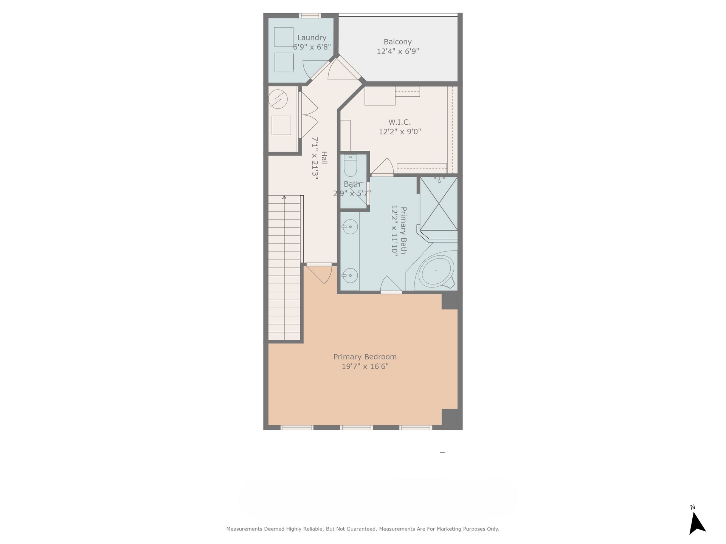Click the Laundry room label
pyautogui.click(x=312, y=38)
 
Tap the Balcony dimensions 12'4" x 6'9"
pyautogui.click(x=398, y=51)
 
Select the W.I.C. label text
pyautogui.click(x=400, y=122)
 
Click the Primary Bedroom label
pyautogui.click(x=365, y=357)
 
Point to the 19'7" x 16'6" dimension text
pyautogui.click(x=365, y=366)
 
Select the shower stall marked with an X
pyautogui.click(x=439, y=204)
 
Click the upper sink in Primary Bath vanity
pyautogui.click(x=350, y=227)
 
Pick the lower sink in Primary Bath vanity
pyautogui.click(x=350, y=275)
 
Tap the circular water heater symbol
pyautogui.click(x=278, y=99)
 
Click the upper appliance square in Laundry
pyautogui.click(x=284, y=37)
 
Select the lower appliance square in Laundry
pyautogui.click(x=284, y=62)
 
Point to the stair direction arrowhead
pyautogui.click(x=284, y=197)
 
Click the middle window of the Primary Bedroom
pyautogui.click(x=357, y=428)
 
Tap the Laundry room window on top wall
pyautogui.click(x=310, y=15)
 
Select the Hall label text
pyautogui.click(x=324, y=158)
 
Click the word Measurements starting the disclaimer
pyautogui.click(x=244, y=529)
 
